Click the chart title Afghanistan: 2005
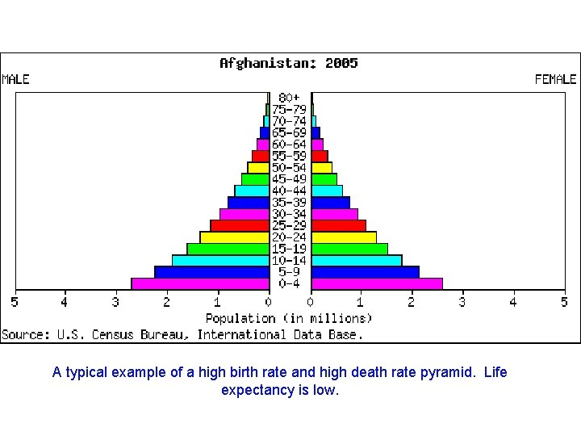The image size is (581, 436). (289, 63)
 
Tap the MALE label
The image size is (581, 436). (16, 79)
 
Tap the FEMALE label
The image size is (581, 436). (556, 79)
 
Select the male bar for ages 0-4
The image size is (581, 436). (200, 283)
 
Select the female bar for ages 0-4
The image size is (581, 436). (377, 283)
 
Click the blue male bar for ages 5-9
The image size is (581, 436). (211, 272)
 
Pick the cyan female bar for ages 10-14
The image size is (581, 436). (357, 261)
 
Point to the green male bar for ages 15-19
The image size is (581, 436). (228, 249)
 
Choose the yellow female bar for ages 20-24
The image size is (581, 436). (344, 237)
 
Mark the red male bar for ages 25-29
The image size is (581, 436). (240, 225)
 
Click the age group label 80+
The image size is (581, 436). (290, 98)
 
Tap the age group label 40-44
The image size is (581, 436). (290, 191)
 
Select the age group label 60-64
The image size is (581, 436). (290, 145)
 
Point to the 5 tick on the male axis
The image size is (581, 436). (14, 303)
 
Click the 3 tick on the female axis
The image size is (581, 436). (462, 303)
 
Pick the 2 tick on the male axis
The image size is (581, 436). (167, 303)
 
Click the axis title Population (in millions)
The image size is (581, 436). (289, 318)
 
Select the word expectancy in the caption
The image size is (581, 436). (258, 391)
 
